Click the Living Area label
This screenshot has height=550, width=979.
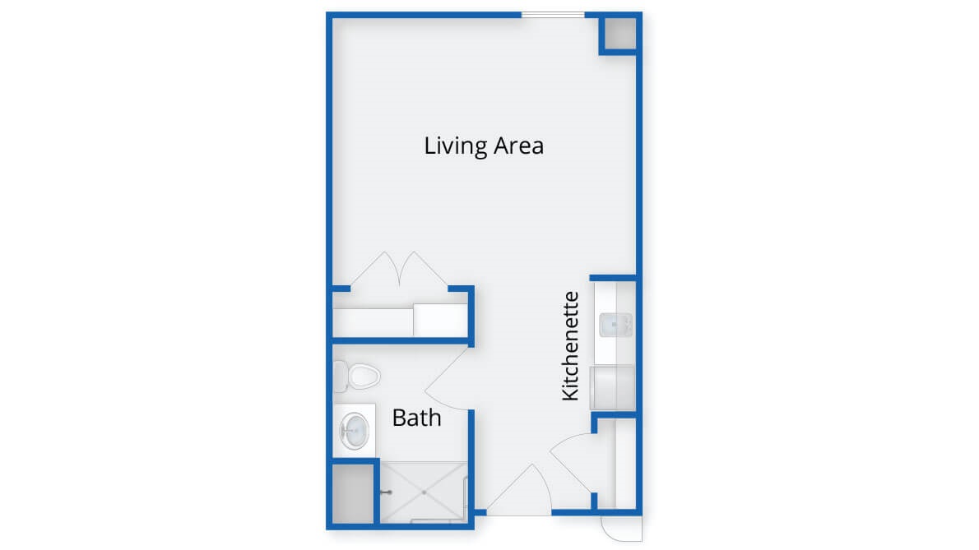tap(484, 146)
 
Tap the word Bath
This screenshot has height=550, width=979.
tap(416, 417)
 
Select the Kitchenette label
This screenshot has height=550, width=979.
tap(570, 346)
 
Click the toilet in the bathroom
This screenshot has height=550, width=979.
tap(357, 376)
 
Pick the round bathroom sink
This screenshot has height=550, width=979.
tap(355, 431)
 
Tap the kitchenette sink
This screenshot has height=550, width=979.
tap(615, 325)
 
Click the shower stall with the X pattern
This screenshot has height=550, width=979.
tap(424, 492)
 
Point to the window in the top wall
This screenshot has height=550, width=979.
tap(553, 14)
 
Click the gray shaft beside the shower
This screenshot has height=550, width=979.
tap(353, 494)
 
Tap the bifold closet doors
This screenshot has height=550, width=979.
tap(399, 270)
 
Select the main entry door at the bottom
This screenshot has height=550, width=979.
tap(518, 490)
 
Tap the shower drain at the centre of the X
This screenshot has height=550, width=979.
tap(424, 492)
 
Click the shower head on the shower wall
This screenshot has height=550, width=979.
tap(387, 492)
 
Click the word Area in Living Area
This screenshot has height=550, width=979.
tap(519, 146)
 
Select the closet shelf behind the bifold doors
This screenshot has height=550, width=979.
tap(400, 321)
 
